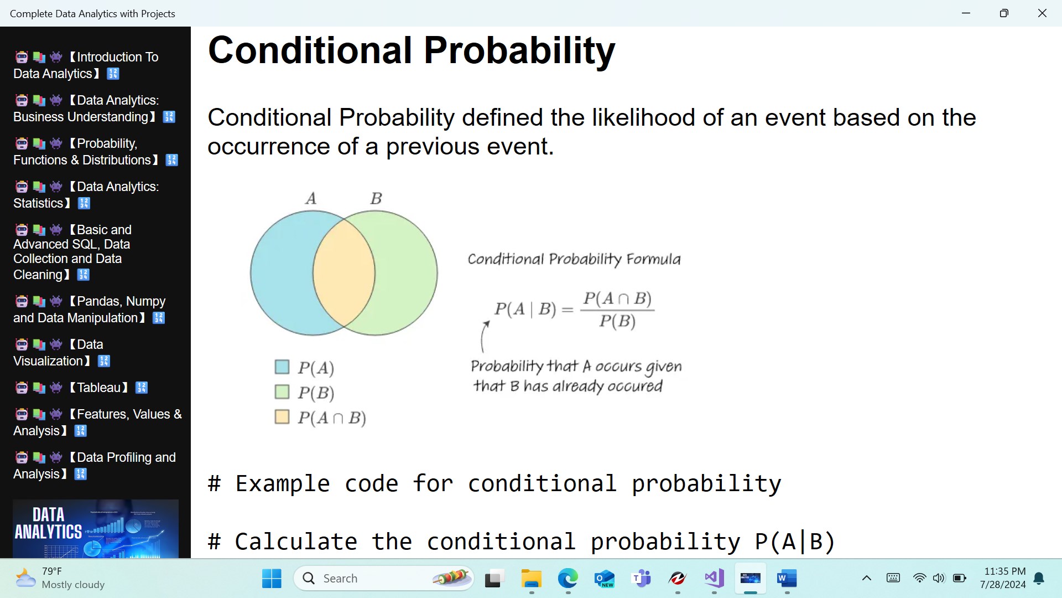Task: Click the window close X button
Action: pyautogui.click(x=1042, y=13)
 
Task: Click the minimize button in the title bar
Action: pyautogui.click(x=966, y=13)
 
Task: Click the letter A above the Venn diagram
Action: pyautogui.click(x=311, y=198)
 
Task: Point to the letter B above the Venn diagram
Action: pyautogui.click(x=376, y=198)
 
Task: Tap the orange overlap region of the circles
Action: pyautogui.click(x=344, y=273)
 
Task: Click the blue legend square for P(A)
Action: pyautogui.click(x=282, y=367)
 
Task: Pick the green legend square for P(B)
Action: pyautogui.click(x=282, y=391)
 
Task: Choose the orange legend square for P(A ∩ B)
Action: pyautogui.click(x=282, y=416)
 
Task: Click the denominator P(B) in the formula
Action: pyautogui.click(x=617, y=321)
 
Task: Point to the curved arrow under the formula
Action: pyautogui.click(x=483, y=336)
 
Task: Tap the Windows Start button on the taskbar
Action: pyautogui.click(x=272, y=579)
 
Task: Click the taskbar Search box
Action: pyautogui.click(x=384, y=579)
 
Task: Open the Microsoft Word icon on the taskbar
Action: pyautogui.click(x=787, y=579)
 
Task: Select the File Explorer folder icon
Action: pyautogui.click(x=531, y=579)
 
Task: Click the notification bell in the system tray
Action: pyautogui.click(x=1039, y=579)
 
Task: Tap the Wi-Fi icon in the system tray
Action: pyautogui.click(x=919, y=578)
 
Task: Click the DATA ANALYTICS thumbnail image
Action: pyautogui.click(x=96, y=529)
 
